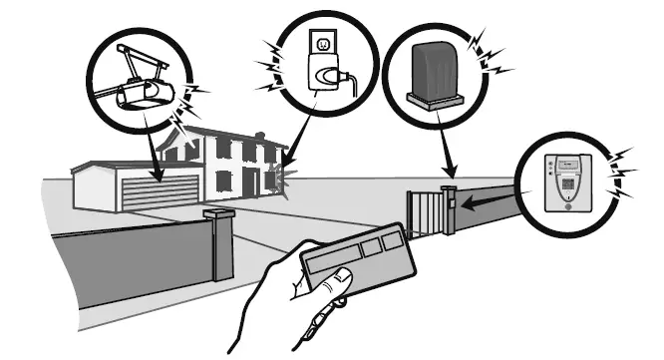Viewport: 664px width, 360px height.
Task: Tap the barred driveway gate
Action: pyautogui.click(x=424, y=212)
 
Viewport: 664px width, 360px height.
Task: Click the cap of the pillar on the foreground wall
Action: pyautogui.click(x=219, y=212)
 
